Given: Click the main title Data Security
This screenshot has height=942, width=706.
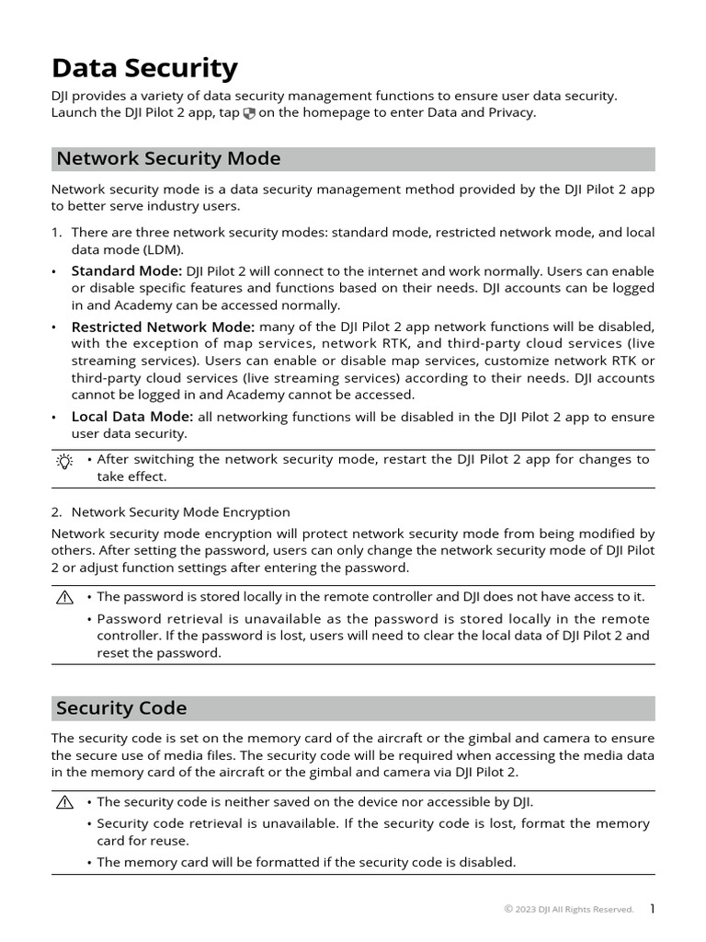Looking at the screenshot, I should coord(144,68).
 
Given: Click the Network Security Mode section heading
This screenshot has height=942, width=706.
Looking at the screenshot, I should coord(168,158).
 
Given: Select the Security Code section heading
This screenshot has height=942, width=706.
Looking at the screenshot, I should coord(121,707).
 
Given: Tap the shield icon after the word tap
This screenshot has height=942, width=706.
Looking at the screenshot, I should coord(249,113).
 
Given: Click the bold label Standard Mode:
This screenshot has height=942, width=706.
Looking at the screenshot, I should coord(127,270).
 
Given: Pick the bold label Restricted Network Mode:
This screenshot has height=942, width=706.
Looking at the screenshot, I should coord(163,327).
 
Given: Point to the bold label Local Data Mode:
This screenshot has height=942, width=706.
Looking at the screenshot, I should coord(131,417).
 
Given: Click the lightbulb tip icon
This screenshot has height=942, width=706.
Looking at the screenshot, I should coord(63,462).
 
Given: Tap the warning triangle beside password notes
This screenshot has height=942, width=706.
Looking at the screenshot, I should coord(63,597).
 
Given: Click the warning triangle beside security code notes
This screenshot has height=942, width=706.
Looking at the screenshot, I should coord(63,802).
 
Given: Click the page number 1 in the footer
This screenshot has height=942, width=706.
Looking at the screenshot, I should coord(652,909).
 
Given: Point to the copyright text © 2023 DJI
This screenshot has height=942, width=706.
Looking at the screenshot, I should coord(568,910).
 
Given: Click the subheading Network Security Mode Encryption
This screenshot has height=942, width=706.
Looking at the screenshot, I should coord(180,511).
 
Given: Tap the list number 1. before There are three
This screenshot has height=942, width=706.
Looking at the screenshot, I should coord(56,233).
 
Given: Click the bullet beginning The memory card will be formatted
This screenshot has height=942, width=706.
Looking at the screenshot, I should coord(306,862).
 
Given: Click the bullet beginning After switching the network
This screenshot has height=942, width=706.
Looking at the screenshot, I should coord(372,458).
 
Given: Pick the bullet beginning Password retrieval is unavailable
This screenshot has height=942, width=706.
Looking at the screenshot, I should coord(372,619).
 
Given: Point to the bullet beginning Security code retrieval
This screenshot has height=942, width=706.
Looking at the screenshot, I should coord(372,823).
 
